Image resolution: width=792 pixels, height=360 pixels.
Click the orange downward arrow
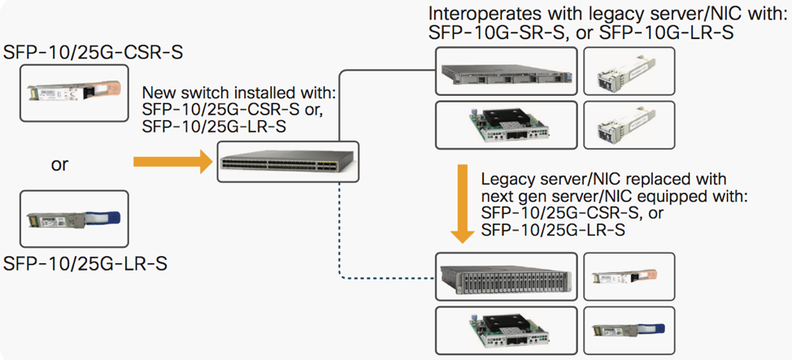point(463,203)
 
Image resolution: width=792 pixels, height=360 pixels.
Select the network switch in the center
point(288,162)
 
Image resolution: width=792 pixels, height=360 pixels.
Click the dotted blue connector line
point(337,244)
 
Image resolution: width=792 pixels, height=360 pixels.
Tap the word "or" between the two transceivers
point(59,165)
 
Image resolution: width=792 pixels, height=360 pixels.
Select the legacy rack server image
point(506,72)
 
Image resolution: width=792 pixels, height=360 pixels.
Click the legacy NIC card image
point(506,126)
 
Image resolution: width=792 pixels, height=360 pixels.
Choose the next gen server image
point(506,277)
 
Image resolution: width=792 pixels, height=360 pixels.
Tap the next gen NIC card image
point(506,330)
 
